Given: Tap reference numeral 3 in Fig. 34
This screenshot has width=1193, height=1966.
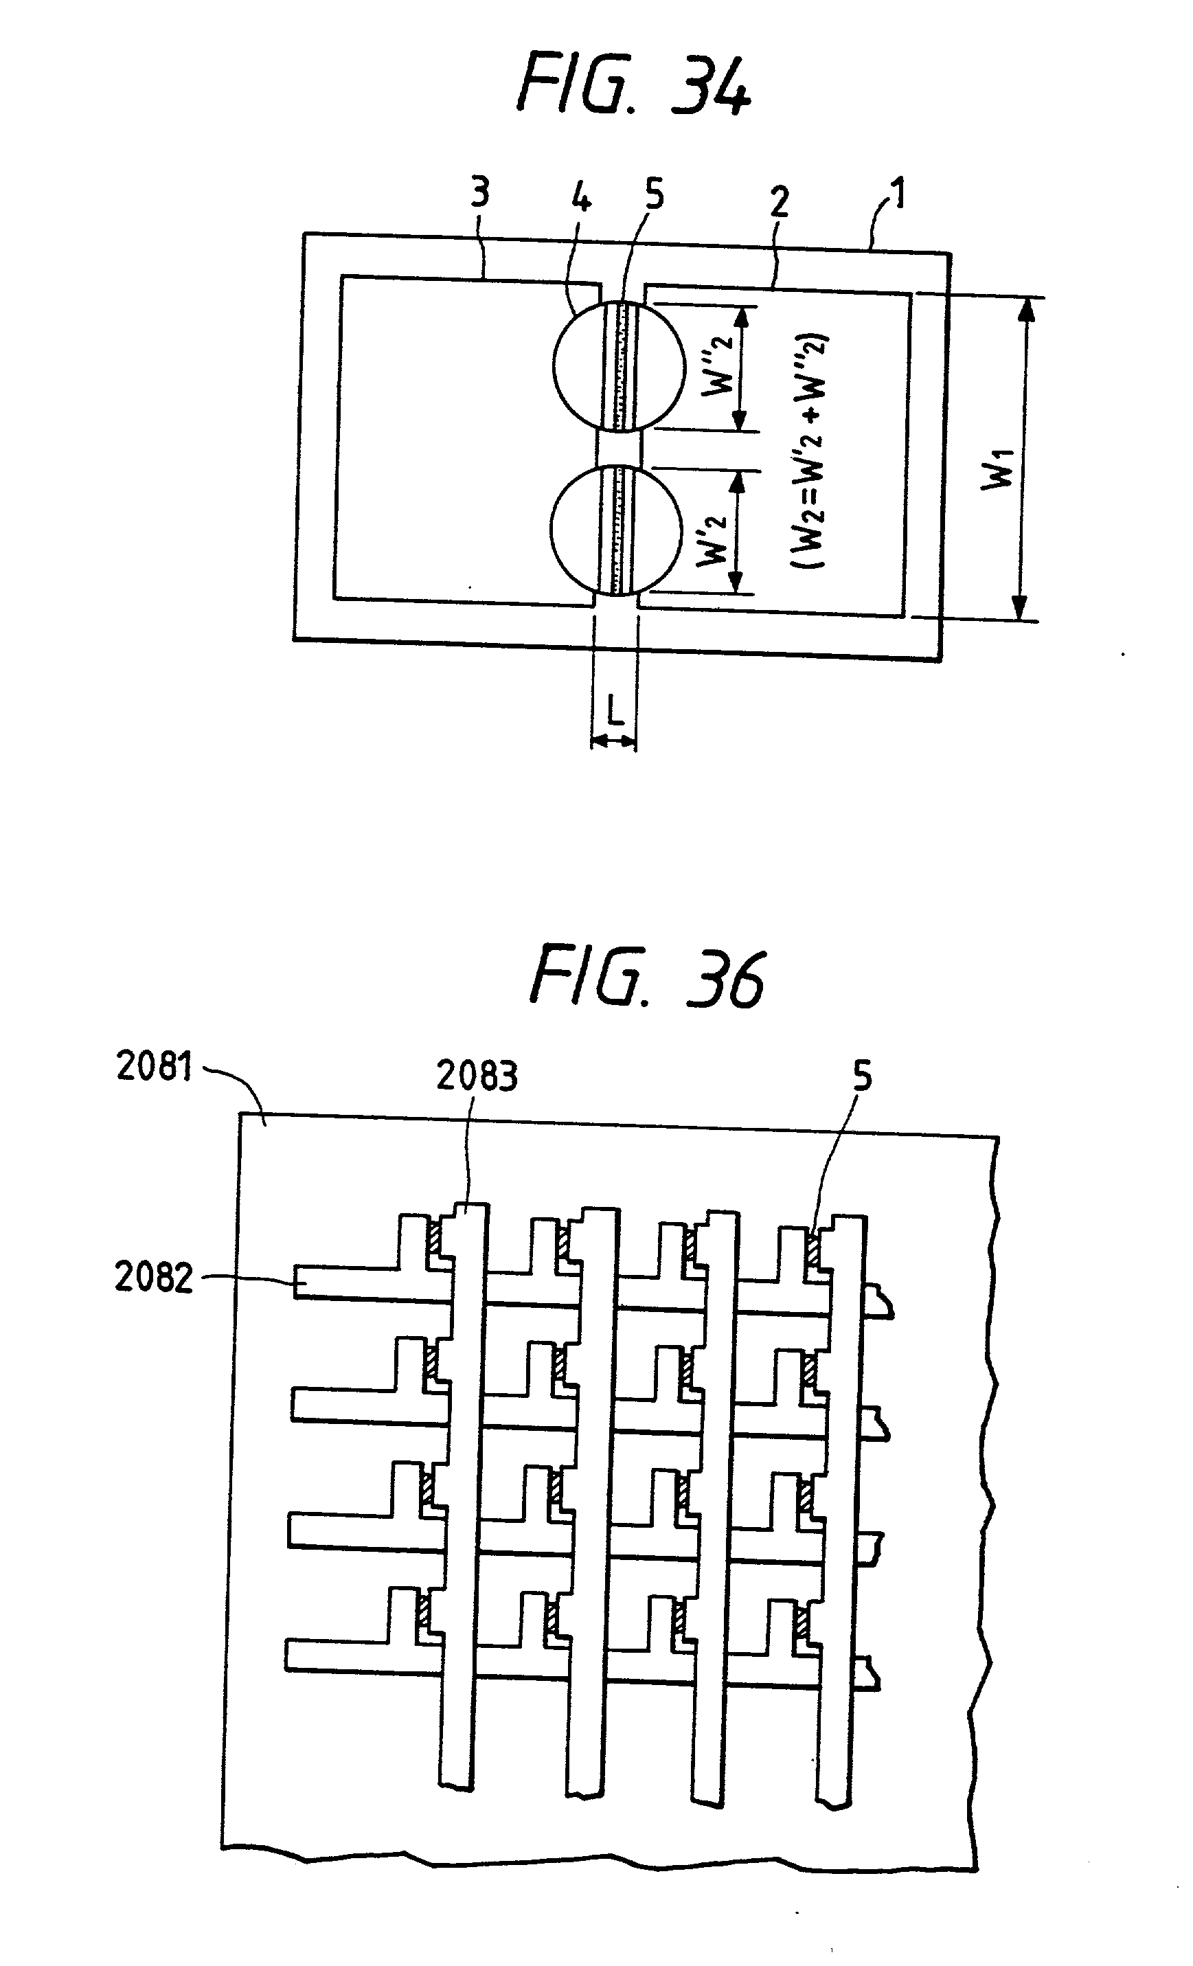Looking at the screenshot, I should coord(479,193).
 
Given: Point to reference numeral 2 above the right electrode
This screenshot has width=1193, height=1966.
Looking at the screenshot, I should coord(779,203).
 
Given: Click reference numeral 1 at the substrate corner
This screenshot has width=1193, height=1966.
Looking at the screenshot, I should coord(898,193).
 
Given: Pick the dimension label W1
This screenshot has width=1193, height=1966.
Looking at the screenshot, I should coord(999,468).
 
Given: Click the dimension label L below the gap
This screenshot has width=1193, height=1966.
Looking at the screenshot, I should coord(613,708).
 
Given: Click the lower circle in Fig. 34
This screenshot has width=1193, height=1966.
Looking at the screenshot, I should coord(616,529).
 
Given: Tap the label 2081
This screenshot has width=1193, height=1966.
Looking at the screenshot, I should coord(154,1066).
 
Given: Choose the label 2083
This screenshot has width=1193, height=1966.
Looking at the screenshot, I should coord(477,1076).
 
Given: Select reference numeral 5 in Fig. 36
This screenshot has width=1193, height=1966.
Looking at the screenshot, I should coord(862,1076).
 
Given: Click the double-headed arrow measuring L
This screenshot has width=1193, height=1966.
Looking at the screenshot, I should coord(613,742).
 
